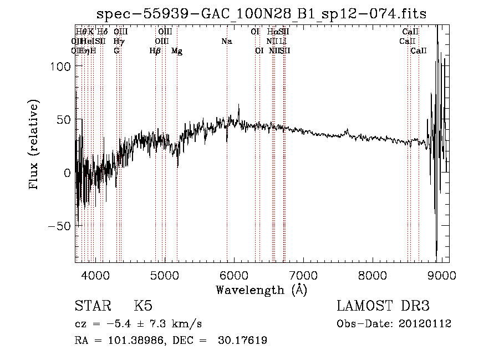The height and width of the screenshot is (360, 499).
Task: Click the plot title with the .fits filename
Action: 262,14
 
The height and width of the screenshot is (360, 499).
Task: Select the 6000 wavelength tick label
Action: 234,275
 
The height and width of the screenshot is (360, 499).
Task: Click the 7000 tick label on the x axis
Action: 303,275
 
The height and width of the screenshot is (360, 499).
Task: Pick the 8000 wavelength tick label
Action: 373,275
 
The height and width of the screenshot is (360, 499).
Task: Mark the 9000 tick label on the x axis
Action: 442,275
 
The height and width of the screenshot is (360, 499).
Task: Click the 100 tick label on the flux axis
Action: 60,67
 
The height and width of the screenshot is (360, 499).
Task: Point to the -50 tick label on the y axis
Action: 58,226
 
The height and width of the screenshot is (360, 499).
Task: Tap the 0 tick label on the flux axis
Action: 67,173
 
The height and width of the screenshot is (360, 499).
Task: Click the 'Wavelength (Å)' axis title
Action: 261,290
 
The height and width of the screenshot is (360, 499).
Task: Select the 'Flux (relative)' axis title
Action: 34,145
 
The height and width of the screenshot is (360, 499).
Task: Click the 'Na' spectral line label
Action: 226,41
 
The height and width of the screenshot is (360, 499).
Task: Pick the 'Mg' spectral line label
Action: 177,51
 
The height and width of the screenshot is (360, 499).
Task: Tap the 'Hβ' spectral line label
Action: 155,51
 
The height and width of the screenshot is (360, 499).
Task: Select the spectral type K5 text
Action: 143,306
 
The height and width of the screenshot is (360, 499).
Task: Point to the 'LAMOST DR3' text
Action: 383,306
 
